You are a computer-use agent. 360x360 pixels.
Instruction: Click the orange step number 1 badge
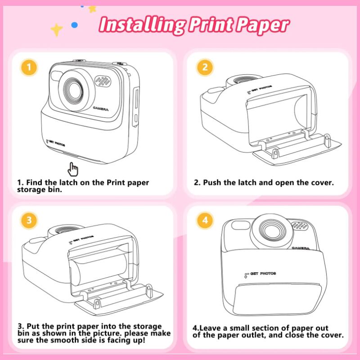coord(29,67)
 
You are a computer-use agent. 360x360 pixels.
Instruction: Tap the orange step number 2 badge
coord(205,67)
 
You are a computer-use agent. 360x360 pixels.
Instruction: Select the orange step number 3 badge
coord(29,220)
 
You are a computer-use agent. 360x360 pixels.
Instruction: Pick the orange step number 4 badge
coord(205,220)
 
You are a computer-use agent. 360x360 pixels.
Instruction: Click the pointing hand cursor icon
coord(72,170)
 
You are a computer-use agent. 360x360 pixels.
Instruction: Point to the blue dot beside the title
coord(74,25)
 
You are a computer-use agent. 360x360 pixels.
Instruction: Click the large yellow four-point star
coord(57,30)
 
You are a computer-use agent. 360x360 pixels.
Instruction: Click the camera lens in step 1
coord(74,90)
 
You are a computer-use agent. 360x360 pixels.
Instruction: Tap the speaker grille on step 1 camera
coord(103,81)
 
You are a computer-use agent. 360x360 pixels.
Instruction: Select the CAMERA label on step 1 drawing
coord(101,108)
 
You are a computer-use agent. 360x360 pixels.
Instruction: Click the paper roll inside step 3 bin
coord(99,269)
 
